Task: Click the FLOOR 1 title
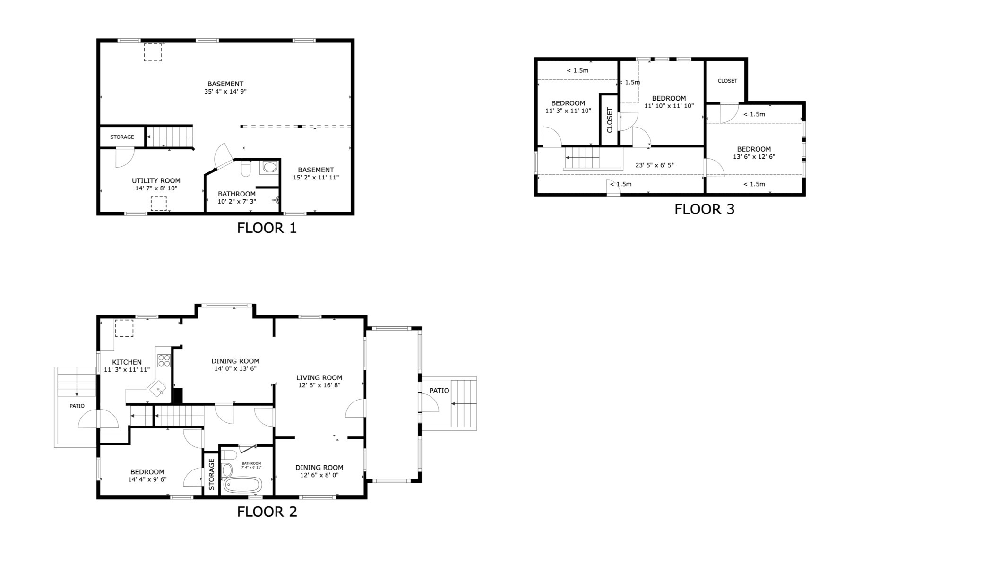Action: (267, 228)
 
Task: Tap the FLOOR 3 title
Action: (704, 209)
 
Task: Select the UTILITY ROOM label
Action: (156, 181)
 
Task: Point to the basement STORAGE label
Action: (122, 137)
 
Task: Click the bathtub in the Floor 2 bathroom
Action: (242, 485)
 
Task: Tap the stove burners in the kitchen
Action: (164, 360)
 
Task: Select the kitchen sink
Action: (158, 389)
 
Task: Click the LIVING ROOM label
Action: (319, 378)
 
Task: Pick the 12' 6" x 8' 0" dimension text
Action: (319, 475)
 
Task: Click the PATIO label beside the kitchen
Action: (77, 406)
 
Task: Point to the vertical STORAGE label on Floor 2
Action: (211, 474)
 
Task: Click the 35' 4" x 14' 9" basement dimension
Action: (225, 92)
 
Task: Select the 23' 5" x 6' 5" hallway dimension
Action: (655, 165)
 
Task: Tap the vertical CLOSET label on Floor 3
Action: (610, 120)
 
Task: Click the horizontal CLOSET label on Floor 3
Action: (727, 81)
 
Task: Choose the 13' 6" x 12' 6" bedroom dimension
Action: (754, 157)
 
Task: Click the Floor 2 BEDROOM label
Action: (147, 472)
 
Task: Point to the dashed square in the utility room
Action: (159, 204)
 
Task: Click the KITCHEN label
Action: (127, 362)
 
